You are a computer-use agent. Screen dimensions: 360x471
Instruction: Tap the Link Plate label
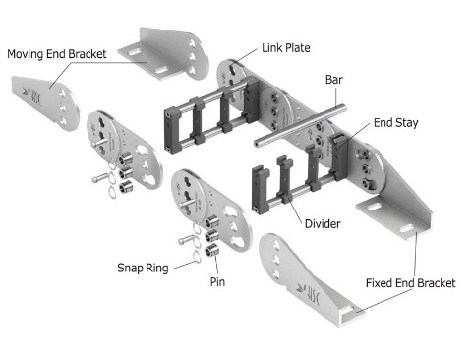[287, 46]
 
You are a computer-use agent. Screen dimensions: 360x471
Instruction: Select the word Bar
[333, 78]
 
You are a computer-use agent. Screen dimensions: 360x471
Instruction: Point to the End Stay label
[394, 124]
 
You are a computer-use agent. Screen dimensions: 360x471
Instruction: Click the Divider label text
[322, 224]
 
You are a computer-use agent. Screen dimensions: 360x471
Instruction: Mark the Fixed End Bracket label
[410, 283]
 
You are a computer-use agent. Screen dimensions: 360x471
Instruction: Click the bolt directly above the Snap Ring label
[190, 239]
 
